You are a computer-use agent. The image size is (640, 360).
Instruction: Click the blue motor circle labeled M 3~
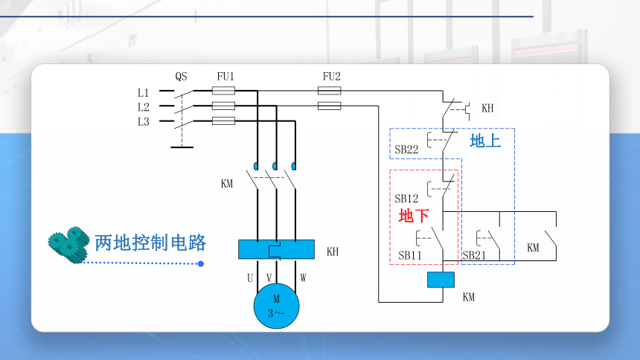276,306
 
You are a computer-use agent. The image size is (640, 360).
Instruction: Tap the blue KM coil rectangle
441,280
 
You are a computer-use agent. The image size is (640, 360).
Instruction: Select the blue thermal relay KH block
276,249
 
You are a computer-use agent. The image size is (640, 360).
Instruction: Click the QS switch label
182,77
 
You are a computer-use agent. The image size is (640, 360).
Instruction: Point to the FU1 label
225,77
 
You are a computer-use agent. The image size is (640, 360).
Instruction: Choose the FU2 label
331,77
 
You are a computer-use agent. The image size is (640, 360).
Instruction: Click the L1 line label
144,93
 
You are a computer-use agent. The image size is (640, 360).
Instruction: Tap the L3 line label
144,122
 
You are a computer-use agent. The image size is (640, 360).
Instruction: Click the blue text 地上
485,141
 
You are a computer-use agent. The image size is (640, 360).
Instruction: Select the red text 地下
414,216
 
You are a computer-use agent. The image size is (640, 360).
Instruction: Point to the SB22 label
406,150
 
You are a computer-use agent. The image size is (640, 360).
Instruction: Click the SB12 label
406,199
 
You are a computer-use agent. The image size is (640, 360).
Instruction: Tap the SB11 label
410,256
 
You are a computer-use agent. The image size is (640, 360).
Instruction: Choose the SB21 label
474,256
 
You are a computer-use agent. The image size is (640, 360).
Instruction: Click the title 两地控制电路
150,243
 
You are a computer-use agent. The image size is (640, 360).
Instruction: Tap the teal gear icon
68,245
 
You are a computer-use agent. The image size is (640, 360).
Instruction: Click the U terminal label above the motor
250,278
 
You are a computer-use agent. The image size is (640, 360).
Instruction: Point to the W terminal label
303,278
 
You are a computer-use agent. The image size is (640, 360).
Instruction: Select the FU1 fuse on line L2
224,106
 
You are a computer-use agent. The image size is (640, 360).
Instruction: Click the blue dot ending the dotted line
201,263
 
